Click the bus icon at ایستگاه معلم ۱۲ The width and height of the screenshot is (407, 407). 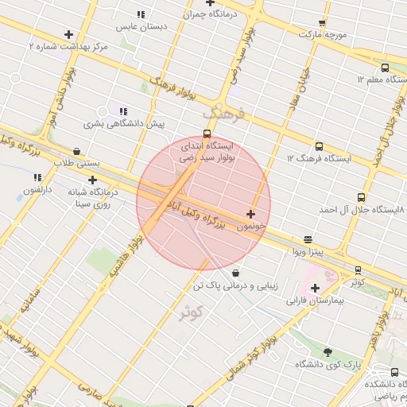coord(386,68)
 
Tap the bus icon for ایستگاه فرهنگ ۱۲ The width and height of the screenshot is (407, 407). coord(319,147)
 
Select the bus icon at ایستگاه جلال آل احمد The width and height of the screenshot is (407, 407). coord(362,197)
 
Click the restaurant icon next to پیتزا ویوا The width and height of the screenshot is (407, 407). coord(308,239)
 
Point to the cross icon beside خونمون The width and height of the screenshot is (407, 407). coord(251,214)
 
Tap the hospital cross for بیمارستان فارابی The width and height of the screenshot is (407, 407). coord(315,288)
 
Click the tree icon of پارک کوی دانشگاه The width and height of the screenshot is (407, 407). coord(328,351)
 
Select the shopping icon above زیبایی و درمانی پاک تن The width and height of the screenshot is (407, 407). coord(235,273)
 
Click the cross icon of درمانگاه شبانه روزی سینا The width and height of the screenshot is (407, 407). coord(93,180)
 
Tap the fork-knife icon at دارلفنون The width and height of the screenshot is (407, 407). coord(37,178)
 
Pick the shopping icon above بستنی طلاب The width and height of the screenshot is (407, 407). coord(76,151)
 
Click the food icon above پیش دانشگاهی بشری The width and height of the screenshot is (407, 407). coord(122,112)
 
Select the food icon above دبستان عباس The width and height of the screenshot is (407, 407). coord(141,14)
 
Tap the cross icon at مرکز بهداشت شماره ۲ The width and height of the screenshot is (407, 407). coord(69,35)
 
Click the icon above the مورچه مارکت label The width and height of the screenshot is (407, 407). coord(321,24)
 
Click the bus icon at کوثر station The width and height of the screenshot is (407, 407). coord(358,270)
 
